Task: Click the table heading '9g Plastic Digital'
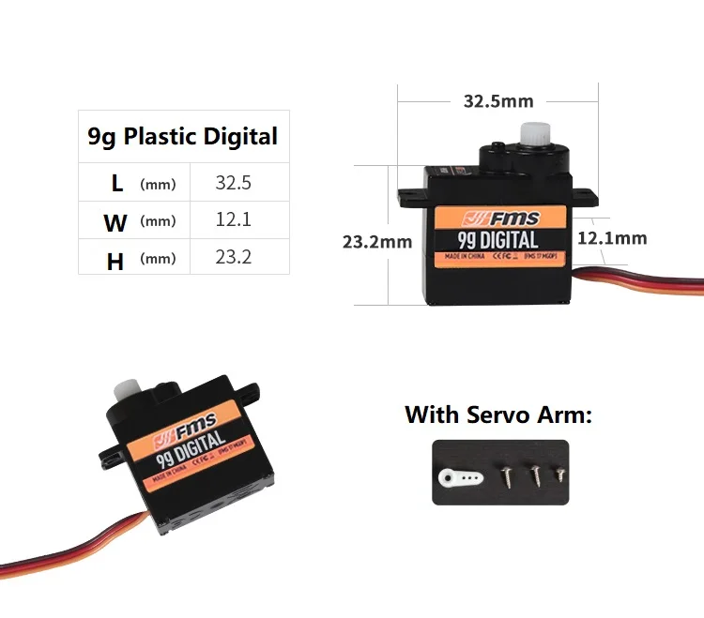(183, 137)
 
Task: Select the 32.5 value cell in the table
(234, 183)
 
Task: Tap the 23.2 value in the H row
(234, 255)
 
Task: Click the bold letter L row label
(116, 184)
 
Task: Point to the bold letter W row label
(115, 223)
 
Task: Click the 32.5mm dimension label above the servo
(498, 101)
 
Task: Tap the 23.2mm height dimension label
(377, 242)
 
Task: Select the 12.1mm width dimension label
(612, 238)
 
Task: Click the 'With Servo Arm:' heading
(498, 415)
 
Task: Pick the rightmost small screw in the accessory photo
(559, 474)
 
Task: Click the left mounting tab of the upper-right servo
(411, 197)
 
